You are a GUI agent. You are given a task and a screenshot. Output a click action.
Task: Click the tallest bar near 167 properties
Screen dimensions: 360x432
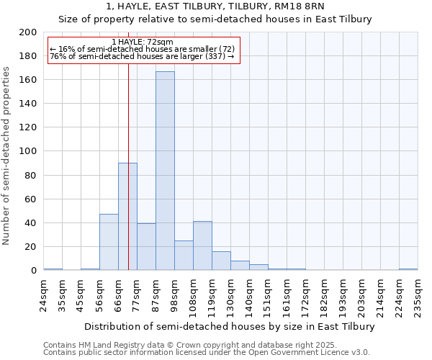pyautogui.click(x=165, y=171)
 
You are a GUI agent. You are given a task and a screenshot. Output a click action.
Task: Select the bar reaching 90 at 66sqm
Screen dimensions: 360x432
pyautogui.click(x=127, y=216)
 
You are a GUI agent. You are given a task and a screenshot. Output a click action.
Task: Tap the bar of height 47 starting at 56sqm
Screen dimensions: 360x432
pyautogui.click(x=109, y=242)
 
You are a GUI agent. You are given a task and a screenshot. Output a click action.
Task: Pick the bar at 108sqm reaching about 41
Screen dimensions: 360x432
pyautogui.click(x=202, y=246)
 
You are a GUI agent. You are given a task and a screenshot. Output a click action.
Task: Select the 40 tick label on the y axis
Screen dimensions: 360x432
pyautogui.click(x=31, y=223)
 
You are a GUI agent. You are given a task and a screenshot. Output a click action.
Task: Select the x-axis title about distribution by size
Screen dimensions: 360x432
pyautogui.click(x=230, y=326)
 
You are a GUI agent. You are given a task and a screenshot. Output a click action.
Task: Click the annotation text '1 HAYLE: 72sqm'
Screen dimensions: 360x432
pyautogui.click(x=143, y=42)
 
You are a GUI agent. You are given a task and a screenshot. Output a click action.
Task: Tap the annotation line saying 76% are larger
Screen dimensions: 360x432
pyautogui.click(x=143, y=56)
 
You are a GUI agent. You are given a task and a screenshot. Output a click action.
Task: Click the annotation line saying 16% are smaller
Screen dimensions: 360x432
pyautogui.click(x=143, y=49)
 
